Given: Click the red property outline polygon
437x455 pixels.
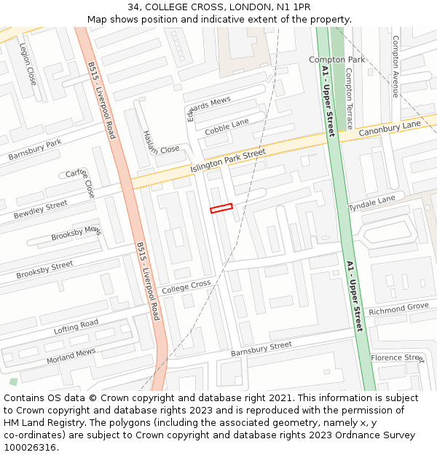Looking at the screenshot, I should [221, 208].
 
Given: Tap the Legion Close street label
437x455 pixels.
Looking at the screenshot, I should [28, 63].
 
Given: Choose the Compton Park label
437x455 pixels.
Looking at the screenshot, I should [336, 60].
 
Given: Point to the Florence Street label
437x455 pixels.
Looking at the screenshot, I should [397, 357].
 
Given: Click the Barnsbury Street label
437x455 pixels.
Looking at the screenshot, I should [261, 349].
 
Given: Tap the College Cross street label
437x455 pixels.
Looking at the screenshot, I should [186, 288].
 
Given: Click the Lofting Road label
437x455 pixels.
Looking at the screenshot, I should [76, 327].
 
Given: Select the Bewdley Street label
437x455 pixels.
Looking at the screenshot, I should [41, 210].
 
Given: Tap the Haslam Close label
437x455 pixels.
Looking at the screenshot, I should [160, 143].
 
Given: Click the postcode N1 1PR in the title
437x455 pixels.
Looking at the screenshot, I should [293, 7].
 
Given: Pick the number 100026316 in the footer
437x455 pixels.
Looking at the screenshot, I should [28, 447].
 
